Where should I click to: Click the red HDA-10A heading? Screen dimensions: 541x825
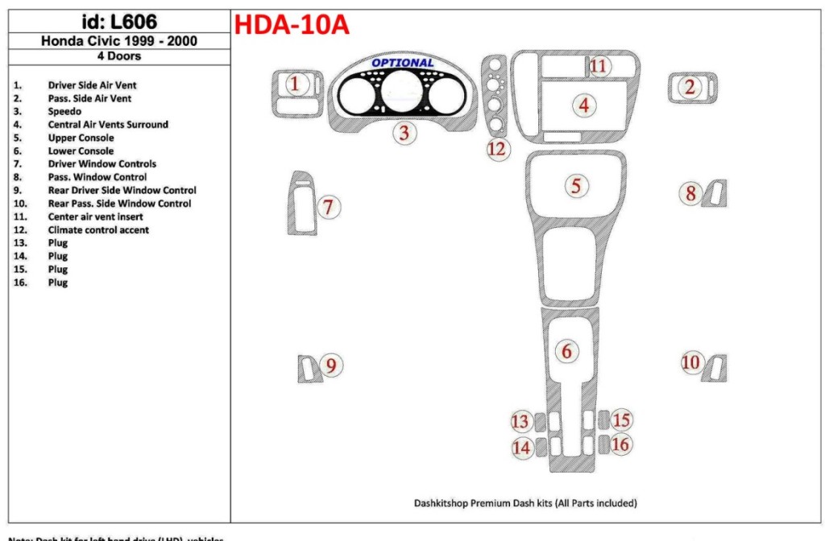point(291,25)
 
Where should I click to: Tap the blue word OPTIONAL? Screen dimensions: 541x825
point(402,63)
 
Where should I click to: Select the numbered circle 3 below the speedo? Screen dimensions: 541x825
point(405,134)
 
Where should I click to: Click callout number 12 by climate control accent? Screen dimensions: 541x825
point(498,148)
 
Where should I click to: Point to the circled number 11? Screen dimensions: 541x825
point(598,65)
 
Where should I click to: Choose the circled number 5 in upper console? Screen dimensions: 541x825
point(576,186)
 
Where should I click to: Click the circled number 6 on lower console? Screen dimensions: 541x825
point(566,351)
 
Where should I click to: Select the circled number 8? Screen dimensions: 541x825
point(690,192)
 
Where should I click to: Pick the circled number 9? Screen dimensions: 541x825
point(330,366)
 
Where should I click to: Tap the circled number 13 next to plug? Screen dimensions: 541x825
point(521,421)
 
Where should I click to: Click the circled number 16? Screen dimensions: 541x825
point(620,444)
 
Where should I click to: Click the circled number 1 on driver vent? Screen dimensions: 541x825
point(296,84)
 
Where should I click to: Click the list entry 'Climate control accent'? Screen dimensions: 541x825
point(98,229)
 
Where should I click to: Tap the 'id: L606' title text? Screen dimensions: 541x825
point(120,22)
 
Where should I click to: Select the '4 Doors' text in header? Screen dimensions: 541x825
point(118,56)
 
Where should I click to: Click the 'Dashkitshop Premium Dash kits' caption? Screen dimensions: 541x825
point(525,503)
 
